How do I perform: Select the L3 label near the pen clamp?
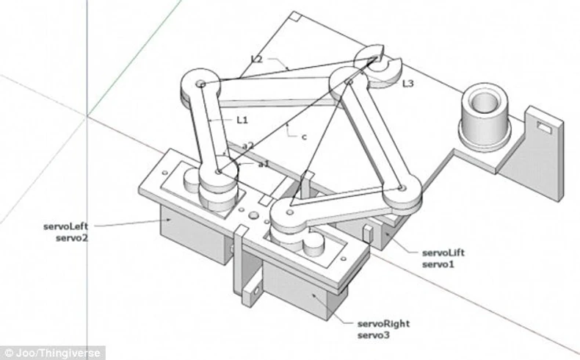pos(407,84)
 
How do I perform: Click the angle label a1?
pos(264,164)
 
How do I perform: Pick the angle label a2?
pos(249,145)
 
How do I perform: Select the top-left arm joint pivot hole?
pos(200,84)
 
